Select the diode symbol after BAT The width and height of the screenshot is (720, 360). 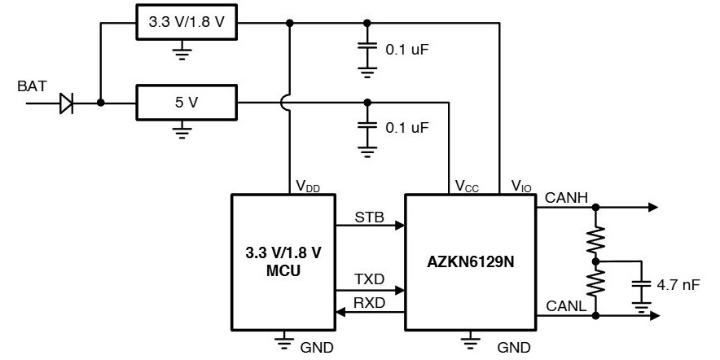pos(68,103)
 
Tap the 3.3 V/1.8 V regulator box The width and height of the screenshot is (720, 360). pos(187,24)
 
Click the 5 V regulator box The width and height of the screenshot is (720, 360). pos(187,103)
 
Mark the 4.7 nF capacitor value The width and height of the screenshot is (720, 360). pos(676,285)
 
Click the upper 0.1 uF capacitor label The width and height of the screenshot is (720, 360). pos(406,49)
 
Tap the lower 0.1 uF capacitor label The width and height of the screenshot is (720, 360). pos(406,128)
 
